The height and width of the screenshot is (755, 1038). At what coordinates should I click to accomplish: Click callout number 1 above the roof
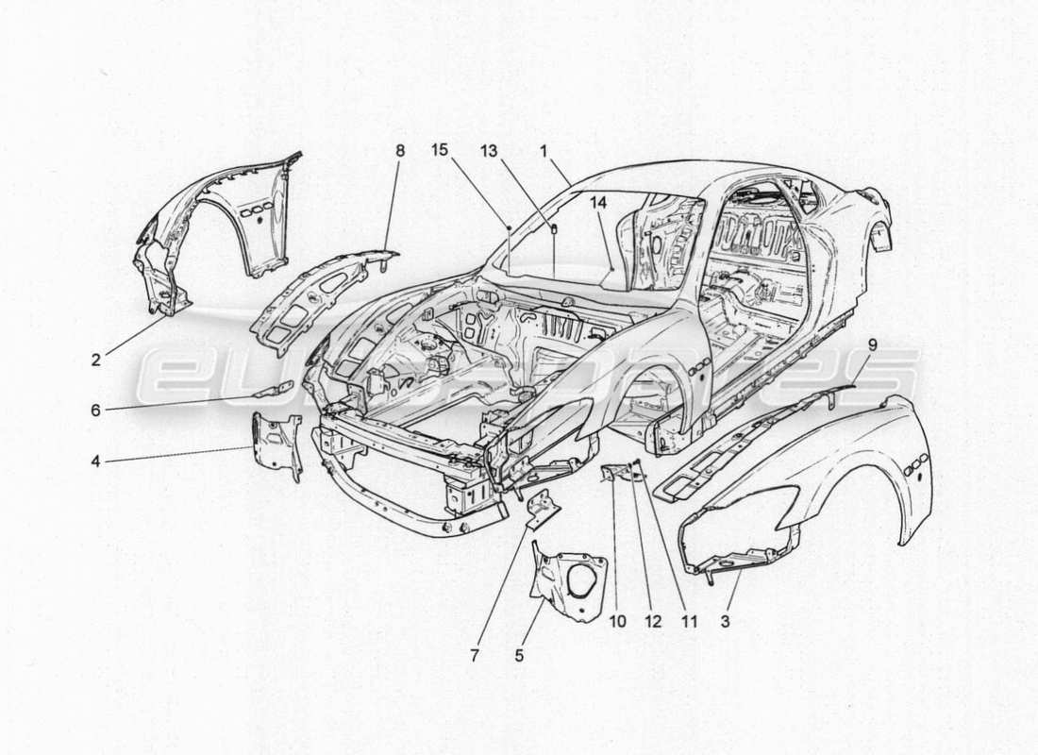(544, 149)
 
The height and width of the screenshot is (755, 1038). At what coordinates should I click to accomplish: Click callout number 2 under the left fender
(96, 360)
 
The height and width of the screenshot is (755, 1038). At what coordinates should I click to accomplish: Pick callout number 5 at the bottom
(521, 652)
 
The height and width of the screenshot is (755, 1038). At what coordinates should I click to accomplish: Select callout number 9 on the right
(871, 345)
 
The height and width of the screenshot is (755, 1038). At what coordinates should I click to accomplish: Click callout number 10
(618, 623)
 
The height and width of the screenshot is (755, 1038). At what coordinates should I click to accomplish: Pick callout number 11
(690, 623)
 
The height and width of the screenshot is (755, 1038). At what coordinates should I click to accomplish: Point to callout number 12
(654, 623)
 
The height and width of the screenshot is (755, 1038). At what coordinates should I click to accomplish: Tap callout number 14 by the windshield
(601, 201)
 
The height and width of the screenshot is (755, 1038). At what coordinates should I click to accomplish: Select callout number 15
(440, 149)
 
